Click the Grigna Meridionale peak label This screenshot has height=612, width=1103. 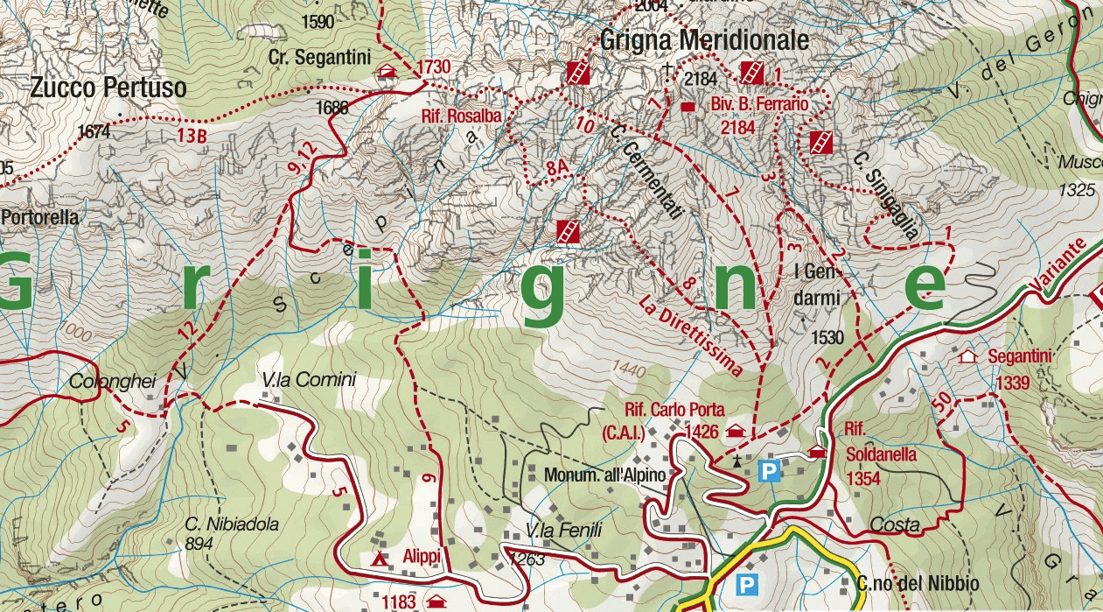[703, 40]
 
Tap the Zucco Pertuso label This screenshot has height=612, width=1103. [108, 88]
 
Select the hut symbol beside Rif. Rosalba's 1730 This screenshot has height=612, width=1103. [385, 72]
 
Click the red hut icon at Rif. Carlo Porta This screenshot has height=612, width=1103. [736, 432]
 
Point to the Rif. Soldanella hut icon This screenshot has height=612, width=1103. [817, 452]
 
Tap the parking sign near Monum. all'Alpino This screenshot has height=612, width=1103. [769, 472]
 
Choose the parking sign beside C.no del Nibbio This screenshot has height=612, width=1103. [746, 583]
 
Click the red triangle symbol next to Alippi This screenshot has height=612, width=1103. [379, 559]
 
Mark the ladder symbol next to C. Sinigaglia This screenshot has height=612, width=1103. [820, 142]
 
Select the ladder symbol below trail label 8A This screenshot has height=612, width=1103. [568, 231]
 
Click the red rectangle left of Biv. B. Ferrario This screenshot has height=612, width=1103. [688, 107]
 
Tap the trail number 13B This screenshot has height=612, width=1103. [191, 136]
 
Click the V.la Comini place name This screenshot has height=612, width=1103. [309, 380]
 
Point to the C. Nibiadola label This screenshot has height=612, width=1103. [232, 524]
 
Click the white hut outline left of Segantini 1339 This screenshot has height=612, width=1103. [967, 357]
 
